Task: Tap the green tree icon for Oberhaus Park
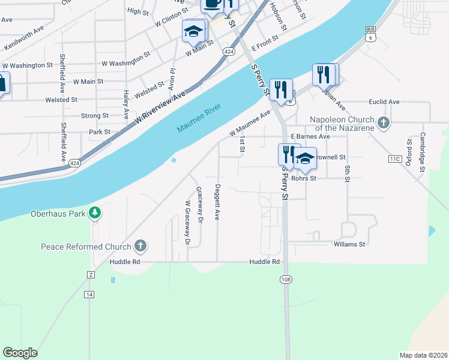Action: tap(94, 212)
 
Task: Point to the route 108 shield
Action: tap(285, 280)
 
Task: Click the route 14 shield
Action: tap(89, 294)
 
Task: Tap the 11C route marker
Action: tap(394, 159)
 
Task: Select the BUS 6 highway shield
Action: tap(371, 34)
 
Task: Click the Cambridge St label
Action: tap(423, 152)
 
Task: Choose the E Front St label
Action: tap(265, 43)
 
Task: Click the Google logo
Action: tap(20, 353)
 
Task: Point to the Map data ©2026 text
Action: tap(423, 355)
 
